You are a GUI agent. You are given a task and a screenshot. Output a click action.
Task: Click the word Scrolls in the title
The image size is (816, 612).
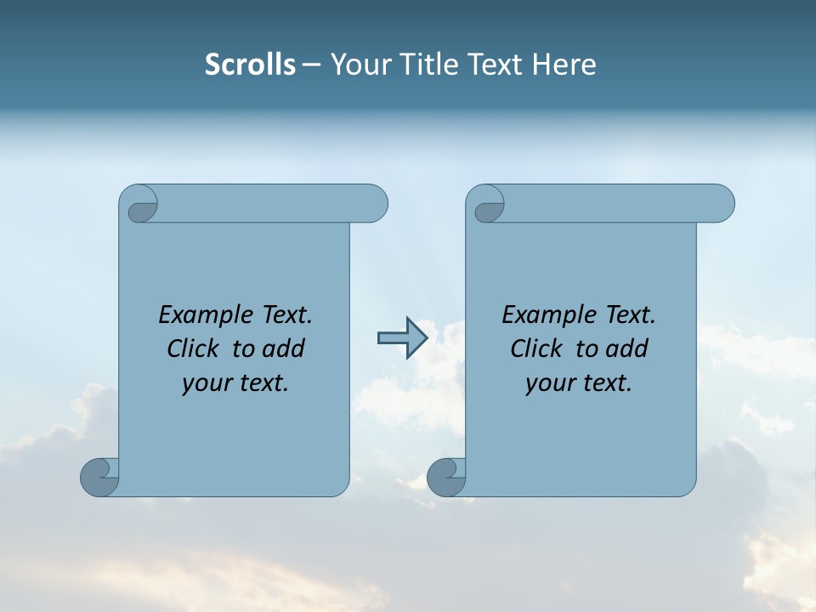pyautogui.click(x=250, y=65)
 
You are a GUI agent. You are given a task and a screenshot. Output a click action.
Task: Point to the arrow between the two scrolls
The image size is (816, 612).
pyautogui.click(x=402, y=338)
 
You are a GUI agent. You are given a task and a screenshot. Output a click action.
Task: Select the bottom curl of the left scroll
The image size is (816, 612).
pyautogui.click(x=99, y=476)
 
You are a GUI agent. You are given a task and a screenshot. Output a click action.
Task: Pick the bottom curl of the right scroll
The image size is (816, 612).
pyautogui.click(x=445, y=476)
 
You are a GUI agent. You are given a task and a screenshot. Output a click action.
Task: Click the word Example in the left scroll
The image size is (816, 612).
pyautogui.click(x=203, y=315)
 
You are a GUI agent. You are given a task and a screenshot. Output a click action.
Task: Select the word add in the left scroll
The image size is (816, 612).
pyautogui.click(x=285, y=348)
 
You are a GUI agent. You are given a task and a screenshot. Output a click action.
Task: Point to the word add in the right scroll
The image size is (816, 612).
pyautogui.click(x=628, y=348)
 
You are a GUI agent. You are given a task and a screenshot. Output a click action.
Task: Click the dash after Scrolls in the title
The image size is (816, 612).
pyautogui.click(x=311, y=65)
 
